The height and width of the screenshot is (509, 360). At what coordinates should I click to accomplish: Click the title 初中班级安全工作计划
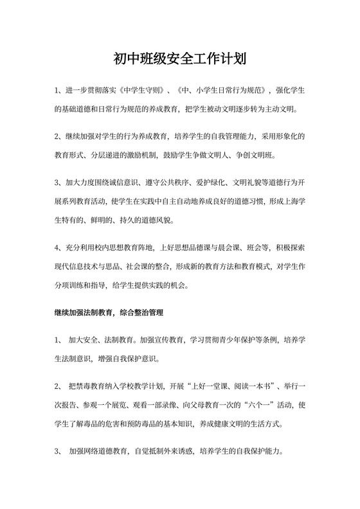pyautogui.click(x=179, y=60)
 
